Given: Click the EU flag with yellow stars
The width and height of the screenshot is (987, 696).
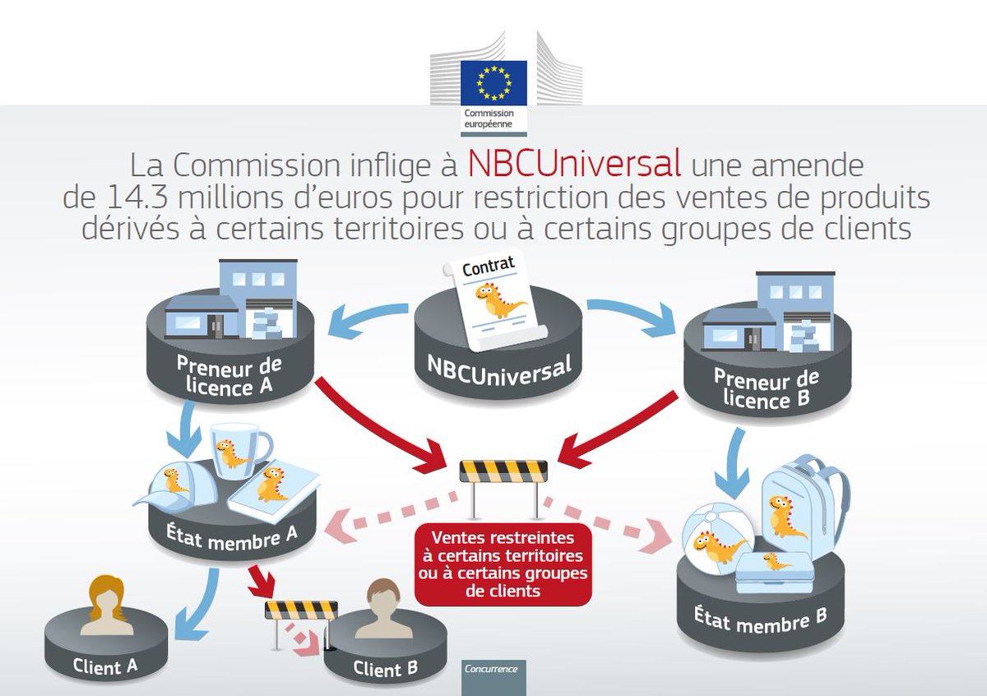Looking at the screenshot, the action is coord(493,82).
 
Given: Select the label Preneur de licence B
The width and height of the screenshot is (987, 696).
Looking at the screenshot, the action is coord(767,389).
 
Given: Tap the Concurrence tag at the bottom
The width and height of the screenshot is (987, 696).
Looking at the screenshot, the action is coord(491,668).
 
